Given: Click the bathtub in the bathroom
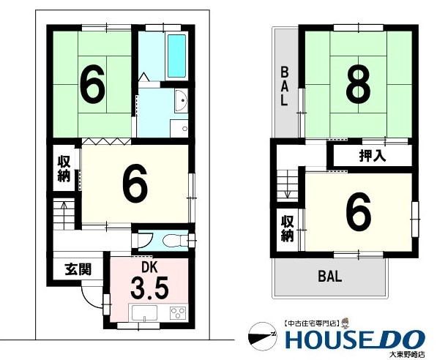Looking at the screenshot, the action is pos(176,56).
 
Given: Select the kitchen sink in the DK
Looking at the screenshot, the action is pos(144,313).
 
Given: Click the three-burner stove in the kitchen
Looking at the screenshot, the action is pos(178,312).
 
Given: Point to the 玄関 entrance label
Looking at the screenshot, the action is pos(78,269).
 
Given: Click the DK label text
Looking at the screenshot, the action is pos(149,267).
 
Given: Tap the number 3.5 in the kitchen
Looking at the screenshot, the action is pos(149,288).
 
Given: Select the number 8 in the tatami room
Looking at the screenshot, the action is pos(359,84).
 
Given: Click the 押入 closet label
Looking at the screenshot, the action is pos(372,156).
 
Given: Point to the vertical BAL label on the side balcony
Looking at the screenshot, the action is pos(284,86).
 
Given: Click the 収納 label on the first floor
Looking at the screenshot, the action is pos(64,168).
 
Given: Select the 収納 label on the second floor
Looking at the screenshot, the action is pos(288,228).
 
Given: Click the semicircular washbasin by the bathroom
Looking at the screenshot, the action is pos(181,100).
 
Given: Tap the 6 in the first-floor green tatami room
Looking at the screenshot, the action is pos(92,84).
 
